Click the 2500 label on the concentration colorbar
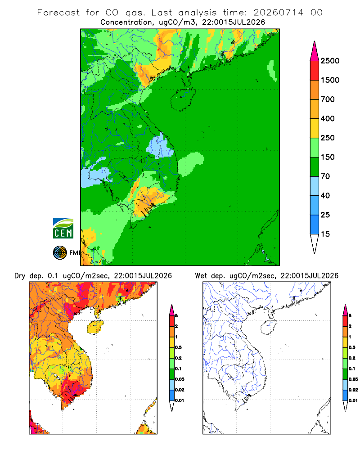pyautogui.click(x=330, y=61)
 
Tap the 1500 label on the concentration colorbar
pyautogui.click(x=330, y=80)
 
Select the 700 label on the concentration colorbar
pyautogui.click(x=328, y=99)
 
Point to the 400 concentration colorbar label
pyautogui.click(x=328, y=118)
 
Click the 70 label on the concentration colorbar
pyautogui.click(x=325, y=176)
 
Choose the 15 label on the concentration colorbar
pyautogui.click(x=325, y=234)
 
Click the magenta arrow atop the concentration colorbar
pyautogui.click(x=315, y=51)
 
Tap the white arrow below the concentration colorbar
pyautogui.click(x=315, y=243)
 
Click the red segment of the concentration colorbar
pyautogui.click(x=315, y=70)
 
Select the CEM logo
pyautogui.click(x=63, y=229)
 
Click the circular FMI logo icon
pyautogui.click(x=60, y=253)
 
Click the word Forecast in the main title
pyautogui.click(x=58, y=13)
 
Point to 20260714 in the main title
pyautogui.click(x=278, y=13)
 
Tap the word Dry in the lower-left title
pyautogui.click(x=20, y=276)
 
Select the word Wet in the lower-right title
pyautogui.click(x=201, y=276)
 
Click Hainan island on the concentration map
pyautogui.click(x=183, y=99)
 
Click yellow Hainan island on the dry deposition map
pyautogui.click(x=95, y=327)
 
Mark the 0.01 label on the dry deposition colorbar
pyautogui.click(x=179, y=400)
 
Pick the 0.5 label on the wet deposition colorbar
pyautogui.click(x=351, y=347)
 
